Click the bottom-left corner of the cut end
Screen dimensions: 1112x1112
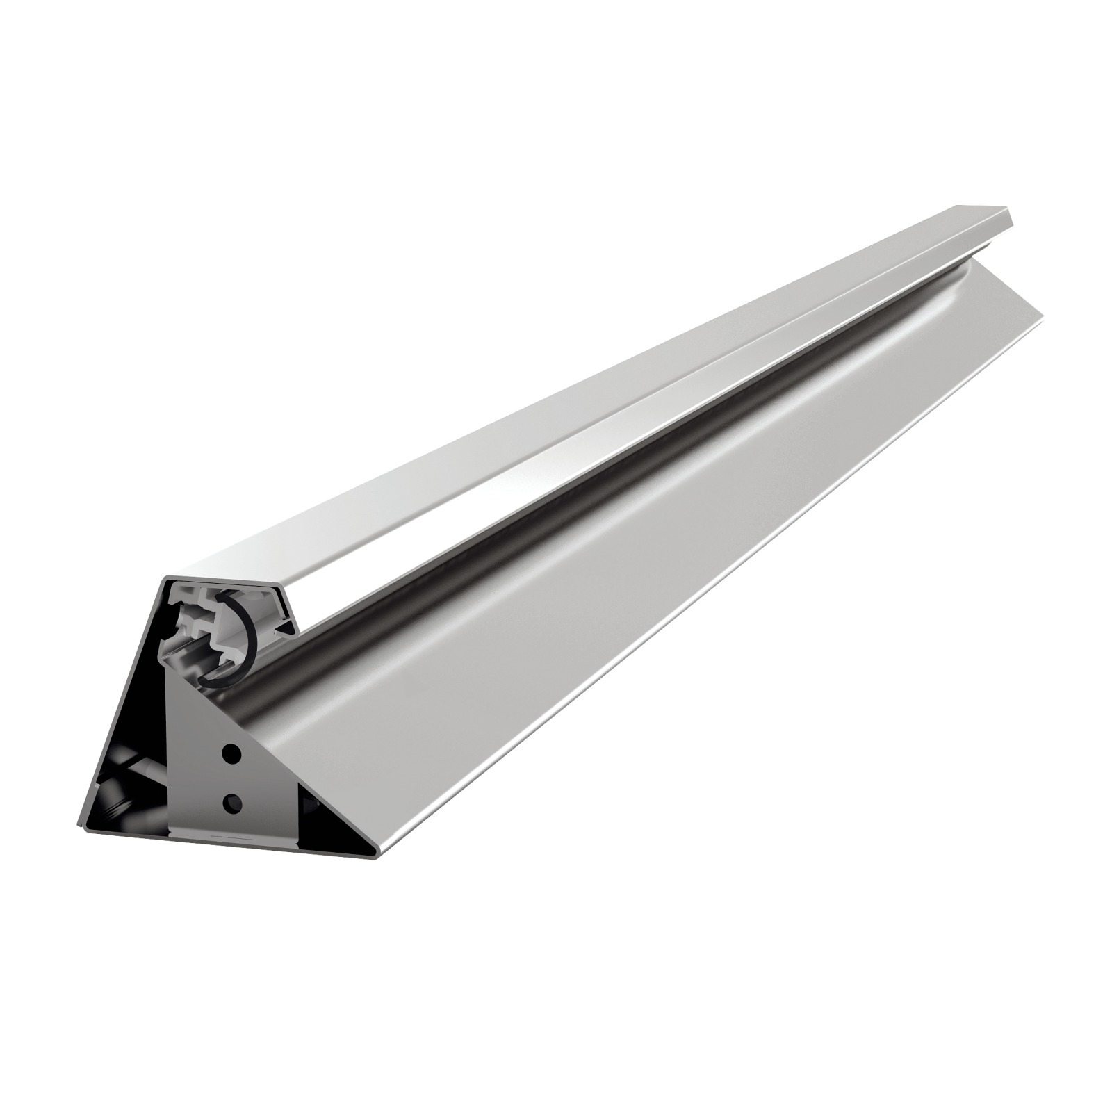79,827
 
